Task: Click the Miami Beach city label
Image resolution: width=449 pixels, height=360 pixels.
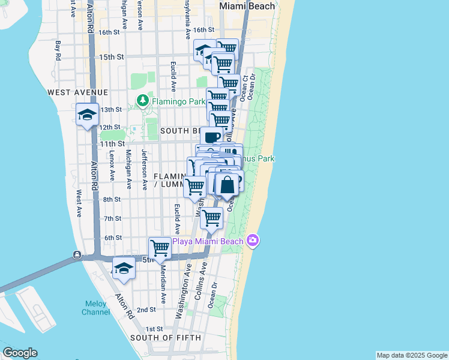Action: pos(247,6)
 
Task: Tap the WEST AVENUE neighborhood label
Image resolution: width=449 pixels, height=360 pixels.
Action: pos(78,92)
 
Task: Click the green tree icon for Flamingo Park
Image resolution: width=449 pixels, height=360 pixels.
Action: pos(143,101)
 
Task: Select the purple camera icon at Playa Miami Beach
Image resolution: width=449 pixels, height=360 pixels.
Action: pos(253,241)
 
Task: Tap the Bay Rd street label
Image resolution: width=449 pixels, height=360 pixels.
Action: pos(58,50)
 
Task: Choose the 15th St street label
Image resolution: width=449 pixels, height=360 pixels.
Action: pos(111,57)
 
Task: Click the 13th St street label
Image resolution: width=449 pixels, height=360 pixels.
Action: pos(111,110)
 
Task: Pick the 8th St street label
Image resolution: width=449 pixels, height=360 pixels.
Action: pos(112,199)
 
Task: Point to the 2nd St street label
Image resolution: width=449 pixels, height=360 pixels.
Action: pos(146,310)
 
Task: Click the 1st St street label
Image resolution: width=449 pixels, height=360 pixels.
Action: pos(154,329)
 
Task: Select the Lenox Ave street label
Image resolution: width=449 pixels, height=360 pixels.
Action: pos(112,166)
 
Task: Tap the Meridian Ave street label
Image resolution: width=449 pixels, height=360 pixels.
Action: pos(163,287)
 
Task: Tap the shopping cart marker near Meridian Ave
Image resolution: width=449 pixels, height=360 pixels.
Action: pos(160,247)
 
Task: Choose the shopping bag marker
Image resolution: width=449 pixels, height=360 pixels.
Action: pos(228,184)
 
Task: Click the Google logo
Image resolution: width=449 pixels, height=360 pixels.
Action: pos(20,353)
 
